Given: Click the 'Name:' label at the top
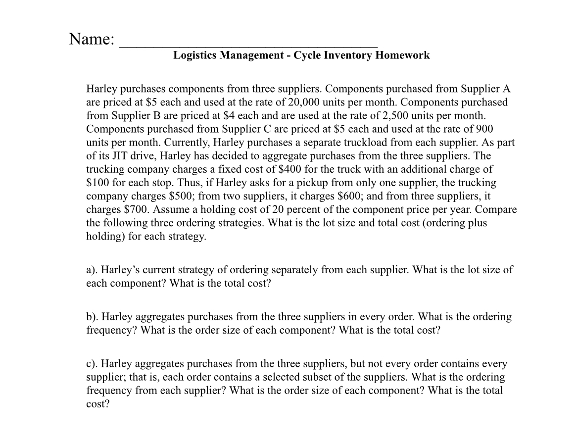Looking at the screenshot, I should [92, 39].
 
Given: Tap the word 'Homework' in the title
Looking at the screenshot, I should [402, 55].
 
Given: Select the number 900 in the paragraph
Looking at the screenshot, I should [483, 129].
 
